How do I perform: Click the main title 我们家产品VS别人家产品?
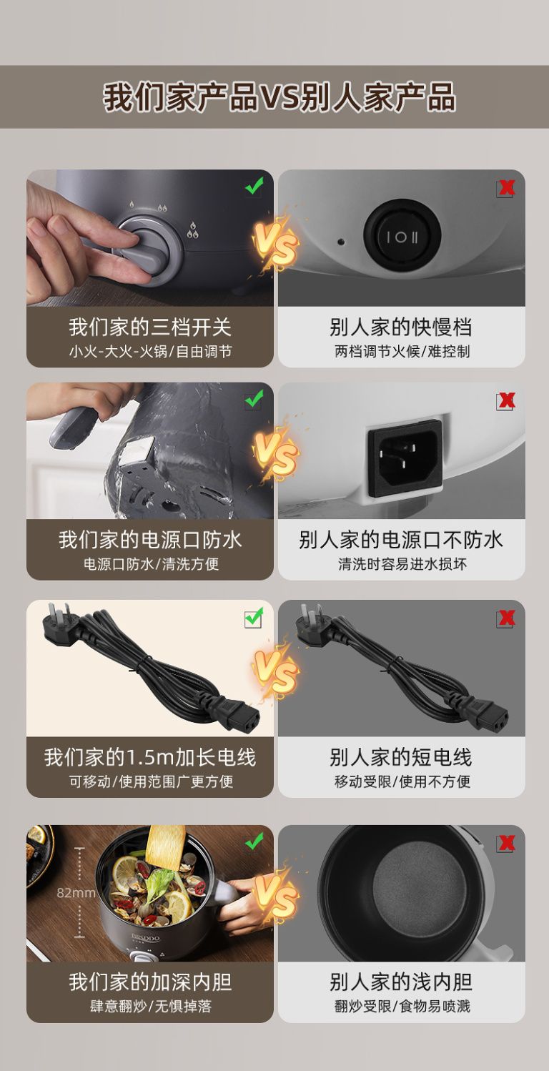coord(280,97)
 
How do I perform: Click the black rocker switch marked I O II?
coord(402,236)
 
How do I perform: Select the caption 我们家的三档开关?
coord(149,327)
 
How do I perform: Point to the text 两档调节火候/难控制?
coord(402,352)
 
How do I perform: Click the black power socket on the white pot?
coord(405,458)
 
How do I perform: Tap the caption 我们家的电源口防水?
coord(150,540)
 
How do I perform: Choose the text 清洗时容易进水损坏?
coord(402,564)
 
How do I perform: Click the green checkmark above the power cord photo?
coord(254,618)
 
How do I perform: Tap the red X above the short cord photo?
coord(505,618)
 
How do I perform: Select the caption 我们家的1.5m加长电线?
coord(150,757)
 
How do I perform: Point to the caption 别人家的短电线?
coord(401,757)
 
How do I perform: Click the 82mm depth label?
coord(76,892)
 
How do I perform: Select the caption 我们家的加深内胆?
coord(150,982)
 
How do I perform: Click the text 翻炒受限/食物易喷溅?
coord(402,1007)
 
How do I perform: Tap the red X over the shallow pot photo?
coord(505,844)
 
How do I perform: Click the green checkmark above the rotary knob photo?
coord(254,185)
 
